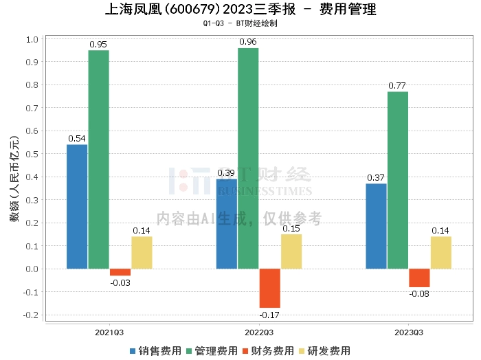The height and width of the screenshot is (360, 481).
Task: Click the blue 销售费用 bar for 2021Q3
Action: pyautogui.click(x=77, y=207)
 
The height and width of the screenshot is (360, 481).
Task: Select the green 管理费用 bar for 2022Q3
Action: pyautogui.click(x=248, y=159)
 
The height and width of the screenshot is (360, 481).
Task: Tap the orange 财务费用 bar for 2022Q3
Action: pyautogui.click(x=270, y=289)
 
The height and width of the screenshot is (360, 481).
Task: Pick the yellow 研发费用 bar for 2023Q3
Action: pyautogui.click(x=441, y=253)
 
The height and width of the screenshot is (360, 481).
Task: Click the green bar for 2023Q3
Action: pyautogui.click(x=398, y=180)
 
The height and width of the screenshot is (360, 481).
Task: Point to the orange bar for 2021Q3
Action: pyautogui.click(x=120, y=272)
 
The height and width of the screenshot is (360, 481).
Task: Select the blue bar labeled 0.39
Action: pyautogui.click(x=227, y=224)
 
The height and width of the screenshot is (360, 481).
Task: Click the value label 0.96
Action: pyautogui.click(x=248, y=42)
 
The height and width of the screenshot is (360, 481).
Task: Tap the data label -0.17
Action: pyautogui.click(x=269, y=315)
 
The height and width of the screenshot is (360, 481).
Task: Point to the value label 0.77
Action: pyautogui.click(x=397, y=86)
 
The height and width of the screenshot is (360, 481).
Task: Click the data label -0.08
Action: pyautogui.click(x=419, y=294)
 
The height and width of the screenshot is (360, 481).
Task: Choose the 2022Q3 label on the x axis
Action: pyautogui.click(x=259, y=333)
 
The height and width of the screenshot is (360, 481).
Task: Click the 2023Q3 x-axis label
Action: pyautogui.click(x=409, y=333)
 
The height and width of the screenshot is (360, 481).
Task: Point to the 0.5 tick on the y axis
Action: pyautogui.click(x=32, y=154)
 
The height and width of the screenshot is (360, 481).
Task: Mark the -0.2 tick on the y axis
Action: pyautogui.click(x=31, y=315)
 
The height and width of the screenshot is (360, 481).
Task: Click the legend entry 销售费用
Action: pyautogui.click(x=156, y=351)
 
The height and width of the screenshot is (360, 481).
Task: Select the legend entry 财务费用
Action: pyautogui.click(x=268, y=351)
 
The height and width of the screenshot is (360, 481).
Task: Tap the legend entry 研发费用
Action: pyautogui.click(x=325, y=351)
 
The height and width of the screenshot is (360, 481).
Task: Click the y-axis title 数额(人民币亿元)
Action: pyautogui.click(x=14, y=179)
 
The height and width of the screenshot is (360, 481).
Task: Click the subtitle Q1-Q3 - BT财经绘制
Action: pyautogui.click(x=240, y=23)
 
